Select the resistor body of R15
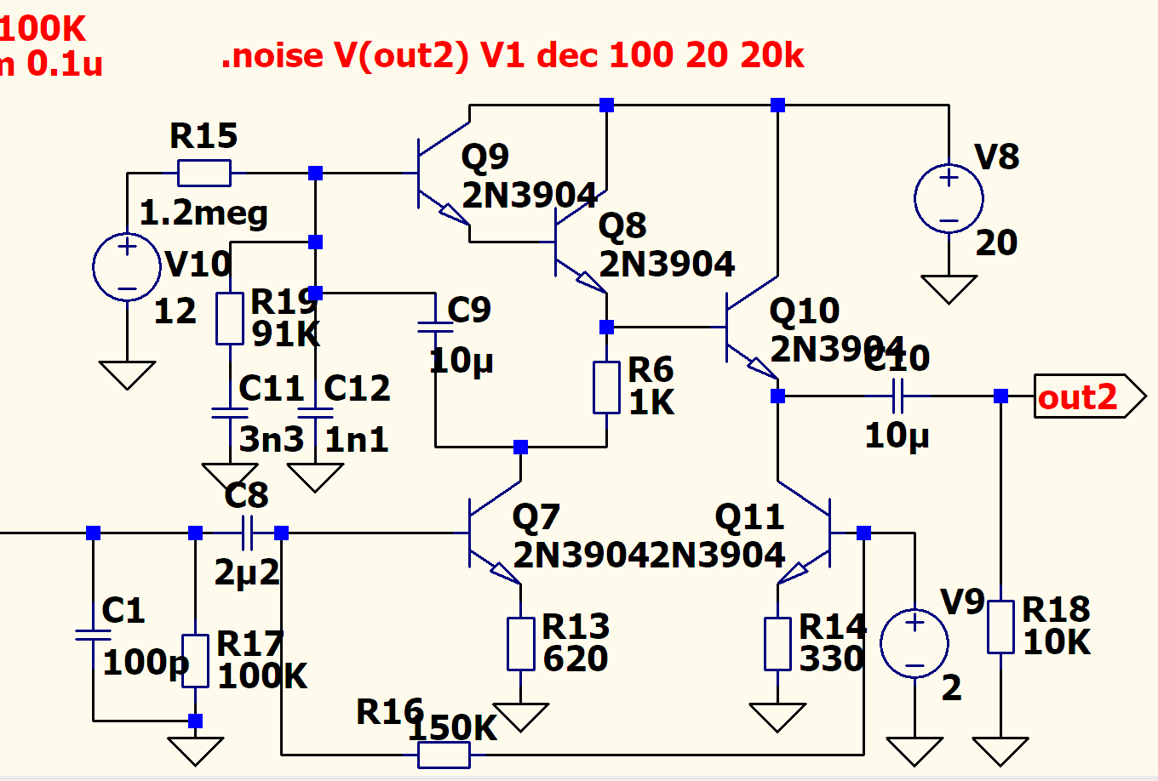[204, 174]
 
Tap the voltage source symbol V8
[949, 199]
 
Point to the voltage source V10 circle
[127, 267]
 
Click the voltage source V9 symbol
[914, 644]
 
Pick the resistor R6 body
[606, 387]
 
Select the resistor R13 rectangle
[520, 644]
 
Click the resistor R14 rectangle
[777, 644]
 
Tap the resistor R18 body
[1000, 627]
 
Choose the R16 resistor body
[444, 755]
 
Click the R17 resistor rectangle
[196, 660]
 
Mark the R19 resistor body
[230, 318]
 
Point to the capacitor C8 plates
[248, 533]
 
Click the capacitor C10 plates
[897, 396]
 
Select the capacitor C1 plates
[93, 636]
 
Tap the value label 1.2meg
[204, 213]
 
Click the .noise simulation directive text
[513, 56]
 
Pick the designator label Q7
[536, 517]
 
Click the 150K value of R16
[453, 728]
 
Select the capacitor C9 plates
[436, 327]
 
